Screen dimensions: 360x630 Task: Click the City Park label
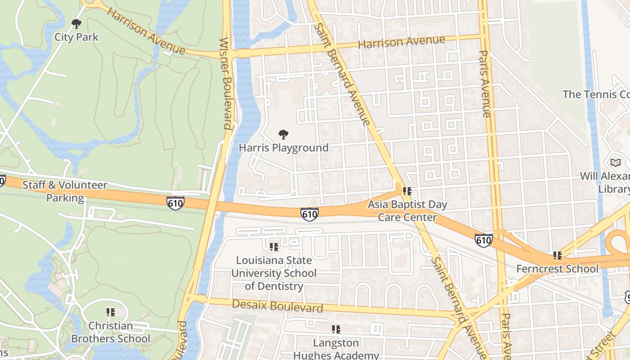76,37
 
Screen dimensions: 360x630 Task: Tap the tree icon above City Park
76,23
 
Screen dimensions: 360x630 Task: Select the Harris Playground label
283,148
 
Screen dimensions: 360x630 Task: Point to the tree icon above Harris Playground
283,134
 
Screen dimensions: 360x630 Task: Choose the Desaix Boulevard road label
278,306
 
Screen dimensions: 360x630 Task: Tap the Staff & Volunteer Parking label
65,191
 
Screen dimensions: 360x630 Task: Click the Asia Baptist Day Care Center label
407,211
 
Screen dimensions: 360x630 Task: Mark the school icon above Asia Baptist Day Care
407,191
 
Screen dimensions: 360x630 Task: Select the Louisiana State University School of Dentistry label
274,273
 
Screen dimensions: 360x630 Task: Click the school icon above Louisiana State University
274,247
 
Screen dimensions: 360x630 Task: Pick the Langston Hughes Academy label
336,349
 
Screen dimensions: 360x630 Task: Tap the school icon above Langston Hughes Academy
336,329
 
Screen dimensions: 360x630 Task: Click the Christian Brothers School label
111,332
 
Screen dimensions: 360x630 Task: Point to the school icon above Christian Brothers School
111,312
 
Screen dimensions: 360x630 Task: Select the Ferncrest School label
558,269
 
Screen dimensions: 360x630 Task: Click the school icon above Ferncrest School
558,256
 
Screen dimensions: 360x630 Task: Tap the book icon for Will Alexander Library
615,162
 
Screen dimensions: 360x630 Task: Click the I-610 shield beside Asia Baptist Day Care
310,214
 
